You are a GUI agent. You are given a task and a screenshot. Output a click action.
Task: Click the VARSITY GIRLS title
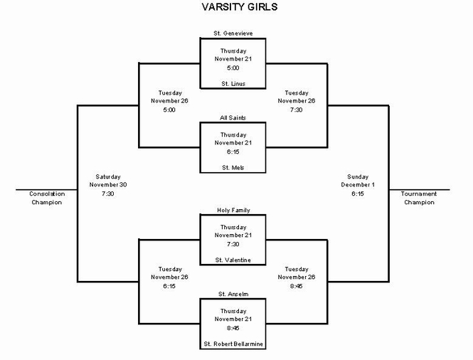click(x=240, y=7)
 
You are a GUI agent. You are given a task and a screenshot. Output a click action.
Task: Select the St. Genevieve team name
click(x=233, y=33)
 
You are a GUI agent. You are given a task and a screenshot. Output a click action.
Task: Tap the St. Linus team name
click(x=233, y=83)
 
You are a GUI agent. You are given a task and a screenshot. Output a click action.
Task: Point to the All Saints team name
click(x=233, y=117)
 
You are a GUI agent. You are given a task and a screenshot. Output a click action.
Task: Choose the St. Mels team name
click(x=233, y=167)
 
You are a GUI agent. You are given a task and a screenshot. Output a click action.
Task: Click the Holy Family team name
click(x=233, y=210)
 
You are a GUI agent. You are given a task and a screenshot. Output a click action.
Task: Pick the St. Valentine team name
click(x=233, y=260)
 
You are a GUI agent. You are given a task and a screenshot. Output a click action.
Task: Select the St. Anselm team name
click(x=233, y=294)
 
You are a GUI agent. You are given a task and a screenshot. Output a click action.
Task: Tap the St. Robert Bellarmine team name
click(x=233, y=344)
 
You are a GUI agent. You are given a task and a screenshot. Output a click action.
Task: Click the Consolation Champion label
click(x=47, y=198)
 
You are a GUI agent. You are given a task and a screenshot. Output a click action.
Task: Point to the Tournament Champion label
click(x=419, y=198)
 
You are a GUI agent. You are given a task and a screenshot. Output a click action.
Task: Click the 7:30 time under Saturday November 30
click(x=107, y=194)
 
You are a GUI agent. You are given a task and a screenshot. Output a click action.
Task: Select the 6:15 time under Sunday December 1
click(x=358, y=194)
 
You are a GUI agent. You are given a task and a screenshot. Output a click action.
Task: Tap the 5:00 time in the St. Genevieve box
click(x=233, y=68)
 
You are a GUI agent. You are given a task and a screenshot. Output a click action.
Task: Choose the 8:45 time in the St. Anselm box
click(x=233, y=328)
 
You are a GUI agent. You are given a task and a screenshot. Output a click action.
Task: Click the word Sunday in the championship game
click(x=358, y=177)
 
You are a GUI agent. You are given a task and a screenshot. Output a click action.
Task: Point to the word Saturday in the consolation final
click(x=108, y=177)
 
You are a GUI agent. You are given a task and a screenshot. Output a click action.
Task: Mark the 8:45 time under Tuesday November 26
click(x=296, y=286)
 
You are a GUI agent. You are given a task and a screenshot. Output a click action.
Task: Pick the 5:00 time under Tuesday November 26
click(x=169, y=110)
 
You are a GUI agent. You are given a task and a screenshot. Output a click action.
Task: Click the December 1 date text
click(x=358, y=185)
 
